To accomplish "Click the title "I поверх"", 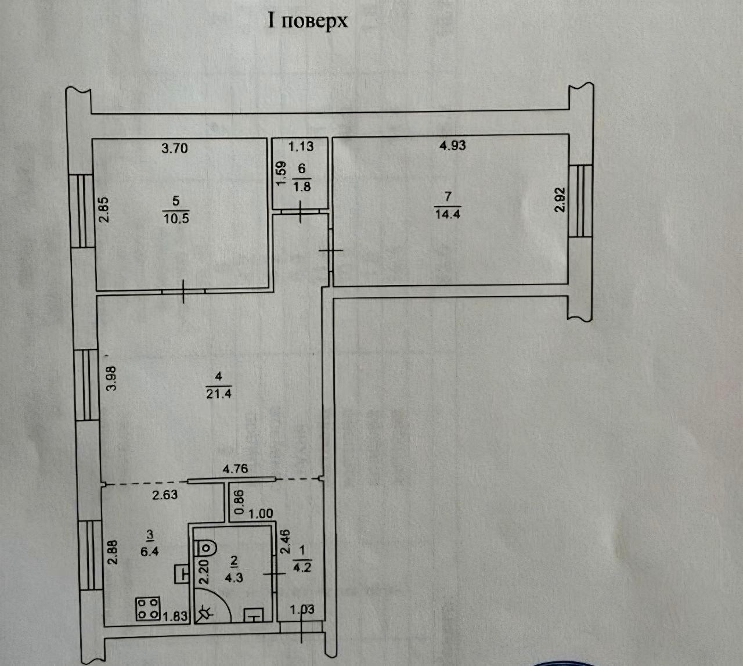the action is click(x=308, y=21).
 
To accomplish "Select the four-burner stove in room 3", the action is click(x=148, y=609).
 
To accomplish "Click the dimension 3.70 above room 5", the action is click(x=175, y=148).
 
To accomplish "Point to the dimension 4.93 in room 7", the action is click(x=453, y=146).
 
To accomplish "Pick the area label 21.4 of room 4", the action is click(x=219, y=394).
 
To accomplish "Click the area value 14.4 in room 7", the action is click(x=448, y=214).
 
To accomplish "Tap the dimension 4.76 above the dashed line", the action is click(x=236, y=469).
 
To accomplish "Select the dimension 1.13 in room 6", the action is click(x=301, y=146).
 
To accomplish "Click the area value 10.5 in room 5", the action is click(x=176, y=219).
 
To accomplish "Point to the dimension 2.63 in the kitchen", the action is click(x=165, y=495).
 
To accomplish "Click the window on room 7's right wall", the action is click(x=581, y=201).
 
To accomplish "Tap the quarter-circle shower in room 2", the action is click(x=212, y=604).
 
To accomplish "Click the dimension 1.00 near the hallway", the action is click(x=261, y=513).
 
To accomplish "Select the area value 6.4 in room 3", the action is click(x=150, y=552).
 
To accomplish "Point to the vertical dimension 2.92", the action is click(x=560, y=200).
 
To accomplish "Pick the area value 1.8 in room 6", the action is click(x=301, y=186).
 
